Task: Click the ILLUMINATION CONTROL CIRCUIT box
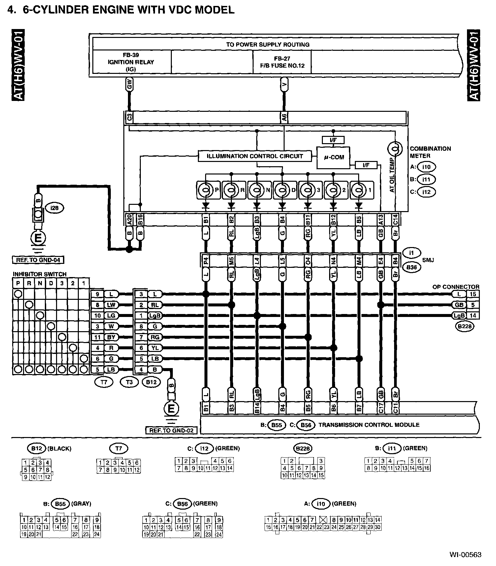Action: pyautogui.click(x=255, y=156)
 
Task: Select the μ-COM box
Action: pyautogui.click(x=333, y=157)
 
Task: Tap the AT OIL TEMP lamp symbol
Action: pyautogui.click(x=395, y=149)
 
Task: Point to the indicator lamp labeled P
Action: pyautogui.click(x=205, y=190)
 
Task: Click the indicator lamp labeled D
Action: pyautogui.click(x=282, y=190)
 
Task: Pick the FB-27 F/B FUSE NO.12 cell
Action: pyautogui.click(x=282, y=62)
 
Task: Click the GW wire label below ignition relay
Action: pyautogui.click(x=129, y=84)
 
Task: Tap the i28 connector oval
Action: pyautogui.click(x=55, y=208)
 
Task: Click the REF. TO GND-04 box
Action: pyautogui.click(x=38, y=260)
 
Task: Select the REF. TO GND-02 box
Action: pyautogui.click(x=171, y=430)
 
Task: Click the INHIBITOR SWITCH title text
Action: pyautogui.click(x=40, y=274)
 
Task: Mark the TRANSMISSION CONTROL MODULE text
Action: pyautogui.click(x=369, y=425)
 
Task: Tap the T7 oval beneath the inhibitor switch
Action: pyautogui.click(x=104, y=382)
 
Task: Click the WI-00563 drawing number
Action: pyautogui.click(x=465, y=554)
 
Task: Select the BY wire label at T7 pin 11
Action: pyautogui.click(x=111, y=337)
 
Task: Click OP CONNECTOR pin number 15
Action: pyautogui.click(x=473, y=294)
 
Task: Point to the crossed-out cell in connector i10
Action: pyautogui.click(x=323, y=520)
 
